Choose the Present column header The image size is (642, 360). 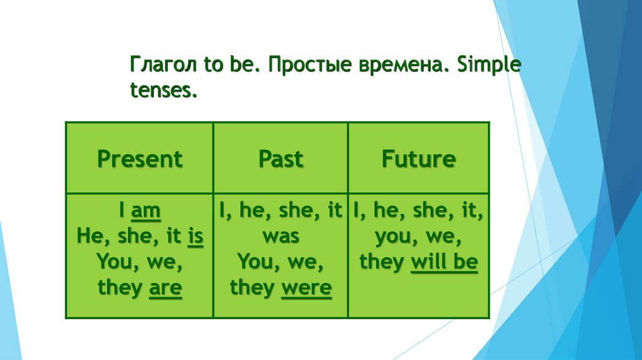pos(140,159)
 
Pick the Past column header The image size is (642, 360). pos(280,159)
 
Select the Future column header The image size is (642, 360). pos(418,159)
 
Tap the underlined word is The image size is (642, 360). pos(196,238)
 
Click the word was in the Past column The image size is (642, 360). pos(280,238)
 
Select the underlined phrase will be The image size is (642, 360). pos(444,262)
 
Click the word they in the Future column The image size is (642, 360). pos(381,262)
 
